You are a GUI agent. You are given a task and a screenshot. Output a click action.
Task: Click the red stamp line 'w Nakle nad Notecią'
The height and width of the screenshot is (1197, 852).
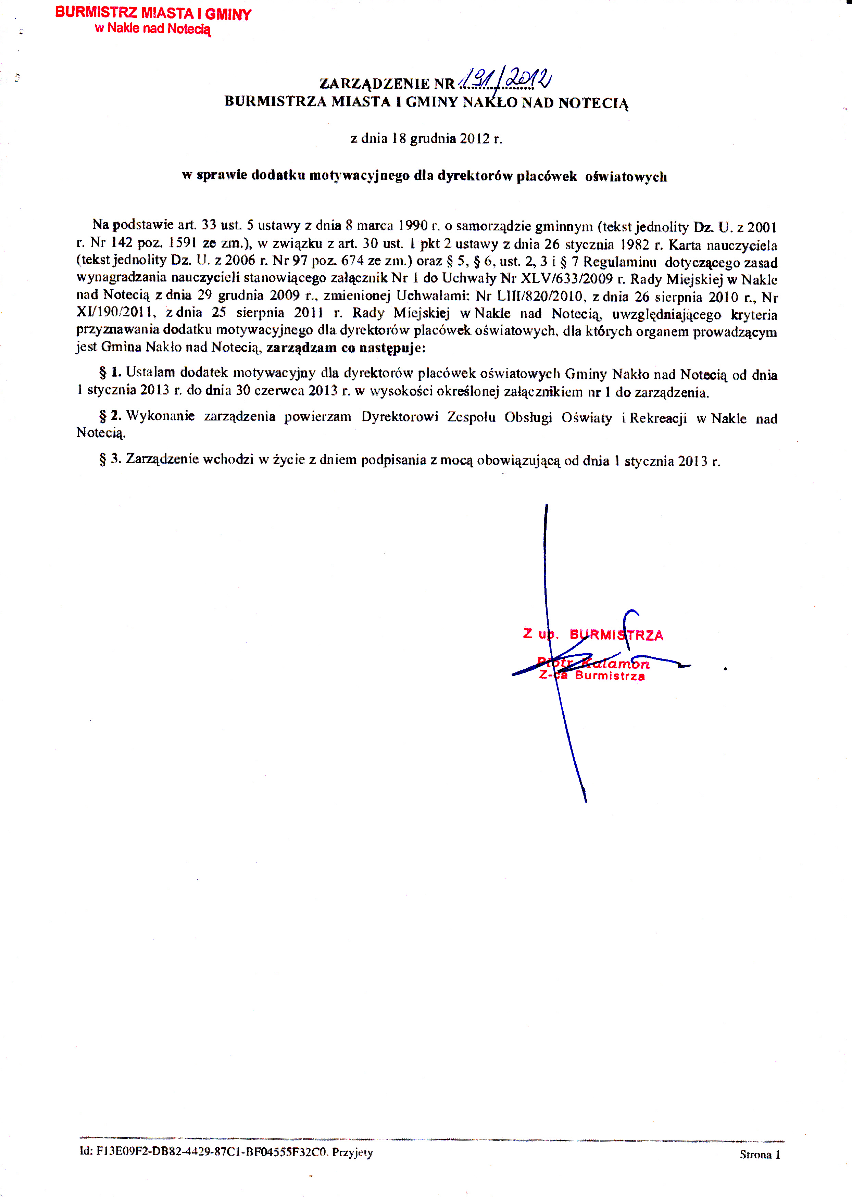point(153,29)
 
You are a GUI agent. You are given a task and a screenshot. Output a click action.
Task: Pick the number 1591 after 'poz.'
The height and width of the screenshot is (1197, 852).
point(182,243)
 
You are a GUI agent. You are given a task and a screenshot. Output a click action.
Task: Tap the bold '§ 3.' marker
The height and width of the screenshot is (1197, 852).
point(110,459)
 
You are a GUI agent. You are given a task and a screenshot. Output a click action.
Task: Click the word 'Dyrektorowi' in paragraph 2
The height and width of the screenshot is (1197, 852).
point(399,417)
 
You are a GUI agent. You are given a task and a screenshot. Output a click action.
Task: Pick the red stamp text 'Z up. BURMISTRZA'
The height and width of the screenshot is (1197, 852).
point(593,635)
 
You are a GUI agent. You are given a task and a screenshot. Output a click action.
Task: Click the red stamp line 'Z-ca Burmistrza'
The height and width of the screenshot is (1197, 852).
point(592,676)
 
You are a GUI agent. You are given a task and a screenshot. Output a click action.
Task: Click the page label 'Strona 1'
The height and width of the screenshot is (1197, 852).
point(759,1154)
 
